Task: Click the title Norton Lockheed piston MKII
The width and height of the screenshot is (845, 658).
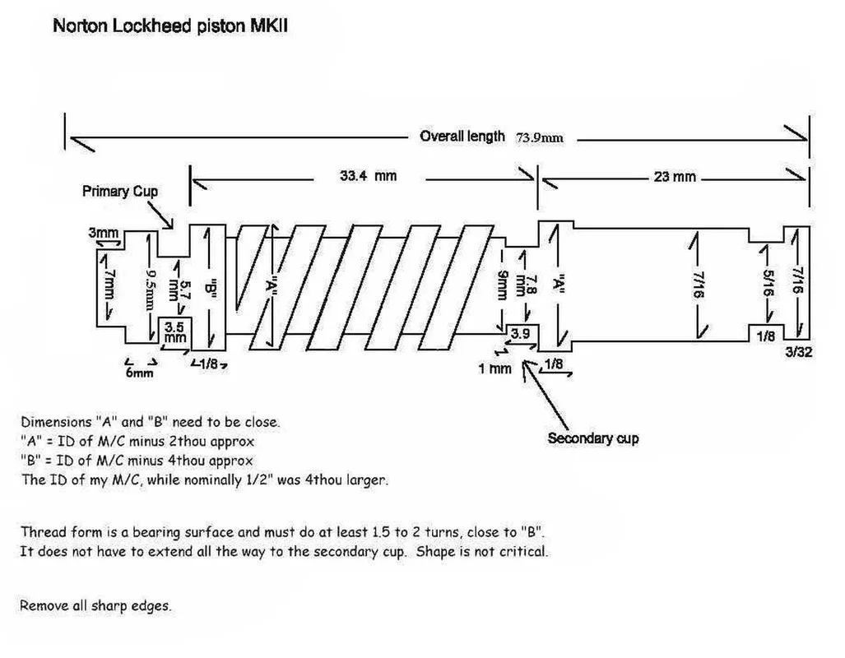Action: click(169, 25)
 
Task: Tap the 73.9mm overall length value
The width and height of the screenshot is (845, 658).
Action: click(540, 137)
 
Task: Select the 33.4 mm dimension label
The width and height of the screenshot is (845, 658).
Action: click(368, 176)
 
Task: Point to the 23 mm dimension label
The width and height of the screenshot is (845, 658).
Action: click(675, 177)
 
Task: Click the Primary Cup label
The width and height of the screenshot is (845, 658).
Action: click(120, 191)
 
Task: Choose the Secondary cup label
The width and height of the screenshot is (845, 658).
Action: click(593, 438)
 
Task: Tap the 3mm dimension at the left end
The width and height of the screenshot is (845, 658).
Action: click(104, 234)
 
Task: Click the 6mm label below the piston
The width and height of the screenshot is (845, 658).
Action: click(140, 373)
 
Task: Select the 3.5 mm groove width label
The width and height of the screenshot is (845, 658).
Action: click(174, 332)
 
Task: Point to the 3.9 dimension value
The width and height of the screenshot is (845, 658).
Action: click(520, 334)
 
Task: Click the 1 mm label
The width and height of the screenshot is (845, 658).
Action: click(494, 368)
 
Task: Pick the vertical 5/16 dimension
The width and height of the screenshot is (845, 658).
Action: click(767, 284)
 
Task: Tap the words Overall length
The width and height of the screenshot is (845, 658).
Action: click(462, 137)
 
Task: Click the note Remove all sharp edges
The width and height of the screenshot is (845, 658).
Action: click(95, 606)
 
